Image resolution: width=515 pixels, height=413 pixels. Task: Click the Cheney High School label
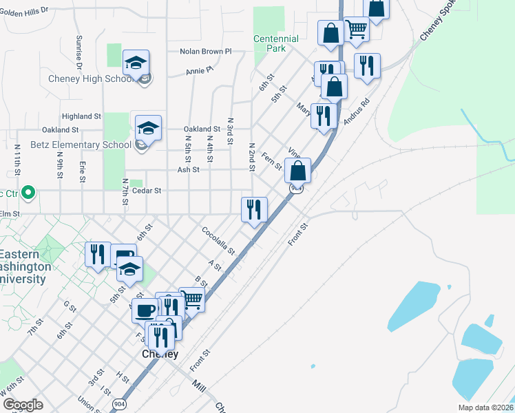(x=90, y=78)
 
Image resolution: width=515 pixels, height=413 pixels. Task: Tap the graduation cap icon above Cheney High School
(x=136, y=63)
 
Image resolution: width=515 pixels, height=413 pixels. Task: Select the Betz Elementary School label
(x=81, y=145)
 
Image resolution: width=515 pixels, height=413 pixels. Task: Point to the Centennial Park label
(x=276, y=44)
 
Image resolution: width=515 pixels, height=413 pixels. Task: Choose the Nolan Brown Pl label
(x=206, y=51)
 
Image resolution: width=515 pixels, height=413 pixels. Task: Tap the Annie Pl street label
(x=200, y=70)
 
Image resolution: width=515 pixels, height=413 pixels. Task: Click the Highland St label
(x=81, y=117)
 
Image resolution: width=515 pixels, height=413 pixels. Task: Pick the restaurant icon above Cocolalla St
(x=254, y=209)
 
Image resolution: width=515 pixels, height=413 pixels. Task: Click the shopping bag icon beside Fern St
(x=297, y=171)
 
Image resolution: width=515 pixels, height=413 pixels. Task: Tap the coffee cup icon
(x=145, y=310)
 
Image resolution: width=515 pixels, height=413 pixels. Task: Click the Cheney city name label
(x=160, y=354)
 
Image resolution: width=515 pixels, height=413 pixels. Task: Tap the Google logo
(x=23, y=404)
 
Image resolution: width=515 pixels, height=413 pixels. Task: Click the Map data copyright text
(x=486, y=407)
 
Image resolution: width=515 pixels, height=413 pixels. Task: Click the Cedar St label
(x=146, y=191)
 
